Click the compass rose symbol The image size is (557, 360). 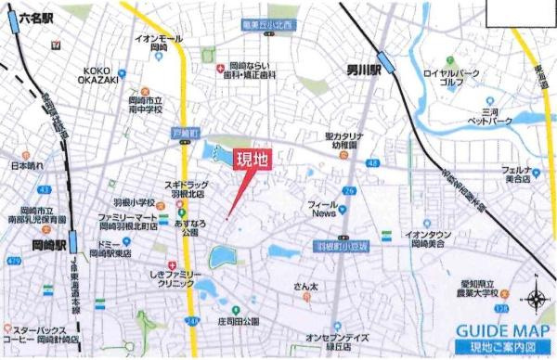click(x=536, y=299)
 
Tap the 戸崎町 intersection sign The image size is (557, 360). click(x=186, y=135)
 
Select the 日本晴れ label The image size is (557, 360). click(x=27, y=166)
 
